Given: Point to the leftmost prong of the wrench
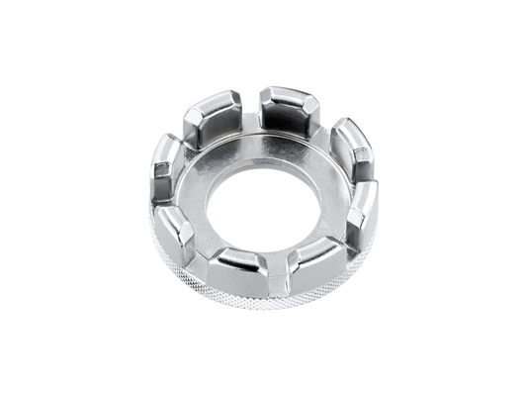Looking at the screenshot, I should coord(166,176).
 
